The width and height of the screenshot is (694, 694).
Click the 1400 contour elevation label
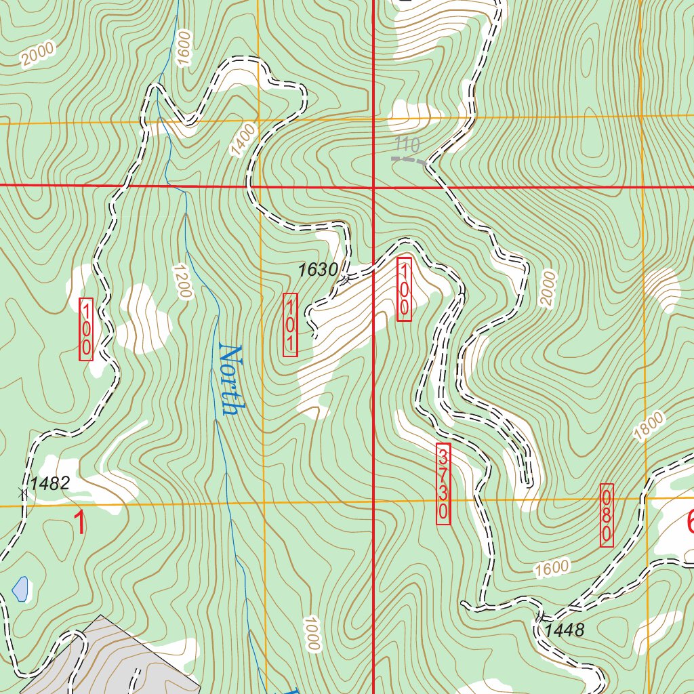245,140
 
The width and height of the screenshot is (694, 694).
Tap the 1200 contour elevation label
182,281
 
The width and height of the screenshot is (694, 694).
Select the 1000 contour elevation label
311,634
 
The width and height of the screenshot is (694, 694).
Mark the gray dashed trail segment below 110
409,160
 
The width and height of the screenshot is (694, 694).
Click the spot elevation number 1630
318,270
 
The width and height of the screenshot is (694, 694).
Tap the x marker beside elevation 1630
345,279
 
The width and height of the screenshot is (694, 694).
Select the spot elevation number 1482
50,483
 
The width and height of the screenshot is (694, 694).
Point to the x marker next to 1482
24,493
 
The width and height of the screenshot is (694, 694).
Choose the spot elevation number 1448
564,631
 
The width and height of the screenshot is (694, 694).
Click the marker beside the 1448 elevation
540,617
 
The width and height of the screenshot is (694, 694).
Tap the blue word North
231,380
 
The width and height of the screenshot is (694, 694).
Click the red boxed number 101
290,325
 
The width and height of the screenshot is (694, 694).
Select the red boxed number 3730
443,483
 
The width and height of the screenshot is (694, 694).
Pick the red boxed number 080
607,515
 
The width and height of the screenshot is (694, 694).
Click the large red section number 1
80,523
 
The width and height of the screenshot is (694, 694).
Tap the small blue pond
20,589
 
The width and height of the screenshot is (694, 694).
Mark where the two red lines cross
373,186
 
